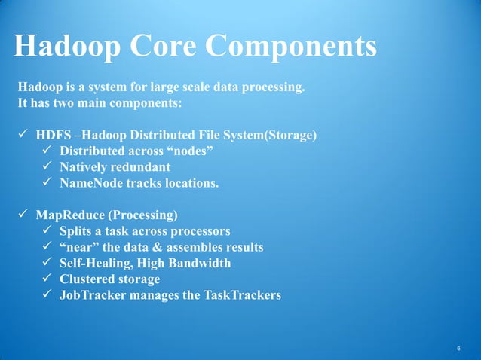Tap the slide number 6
pyautogui.click(x=458, y=348)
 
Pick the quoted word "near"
pyautogui.click(x=80, y=248)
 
